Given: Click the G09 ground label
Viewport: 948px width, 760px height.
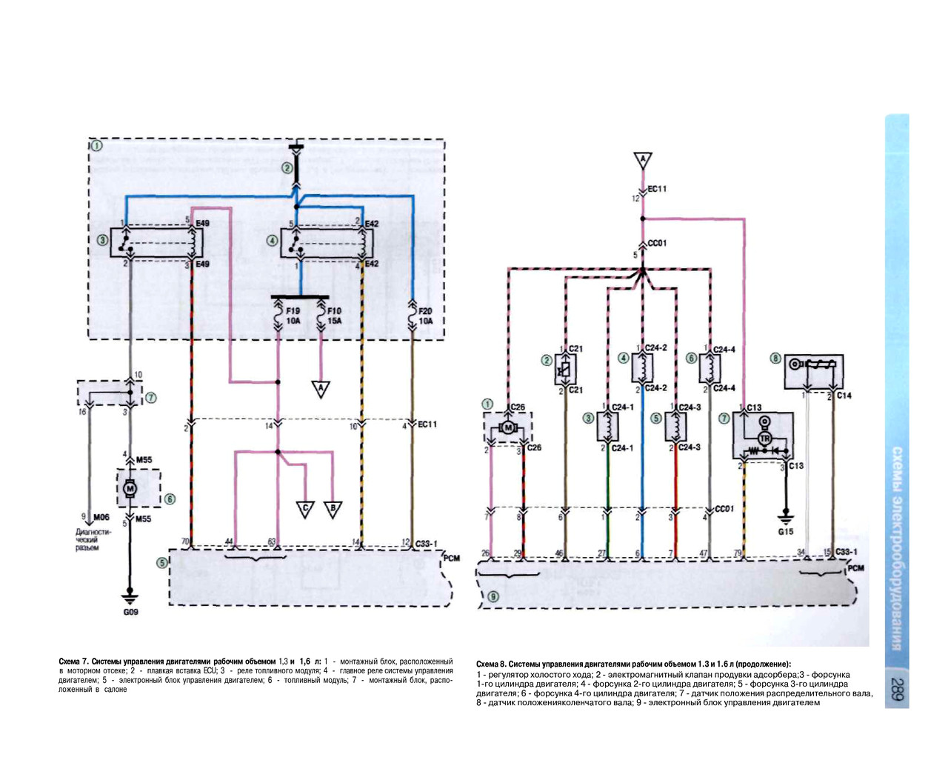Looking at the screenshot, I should [x=130, y=612].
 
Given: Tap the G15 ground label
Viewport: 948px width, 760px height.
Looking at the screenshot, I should [x=786, y=532].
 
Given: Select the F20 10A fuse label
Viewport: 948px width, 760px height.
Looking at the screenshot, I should [x=425, y=316].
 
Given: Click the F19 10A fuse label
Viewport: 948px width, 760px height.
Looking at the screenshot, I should [x=293, y=316].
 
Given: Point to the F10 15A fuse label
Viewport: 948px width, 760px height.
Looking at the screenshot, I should [x=334, y=316].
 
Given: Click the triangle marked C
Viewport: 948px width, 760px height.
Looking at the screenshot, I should [x=305, y=509].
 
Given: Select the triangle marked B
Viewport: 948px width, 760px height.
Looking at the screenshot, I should [x=333, y=509].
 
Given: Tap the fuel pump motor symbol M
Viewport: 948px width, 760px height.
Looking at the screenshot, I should [x=130, y=488].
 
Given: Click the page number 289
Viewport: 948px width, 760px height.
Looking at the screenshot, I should [x=897, y=689].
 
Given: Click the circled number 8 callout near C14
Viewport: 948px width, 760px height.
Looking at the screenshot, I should [x=775, y=359].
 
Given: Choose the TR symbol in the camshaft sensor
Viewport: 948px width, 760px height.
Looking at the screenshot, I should [x=764, y=439].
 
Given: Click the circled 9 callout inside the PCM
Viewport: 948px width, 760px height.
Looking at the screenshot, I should [x=493, y=596].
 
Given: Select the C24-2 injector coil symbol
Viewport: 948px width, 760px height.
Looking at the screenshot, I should [x=642, y=366].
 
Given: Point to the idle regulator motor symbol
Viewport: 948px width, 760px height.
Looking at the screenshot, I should [x=508, y=427].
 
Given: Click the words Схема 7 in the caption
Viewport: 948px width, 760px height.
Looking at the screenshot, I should [x=73, y=660].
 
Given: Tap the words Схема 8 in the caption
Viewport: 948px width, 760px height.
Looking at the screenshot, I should [x=491, y=664].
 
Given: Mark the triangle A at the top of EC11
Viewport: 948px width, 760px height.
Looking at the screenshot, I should [x=642, y=160].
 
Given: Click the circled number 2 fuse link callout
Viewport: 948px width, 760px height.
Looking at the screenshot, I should [x=287, y=168].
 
